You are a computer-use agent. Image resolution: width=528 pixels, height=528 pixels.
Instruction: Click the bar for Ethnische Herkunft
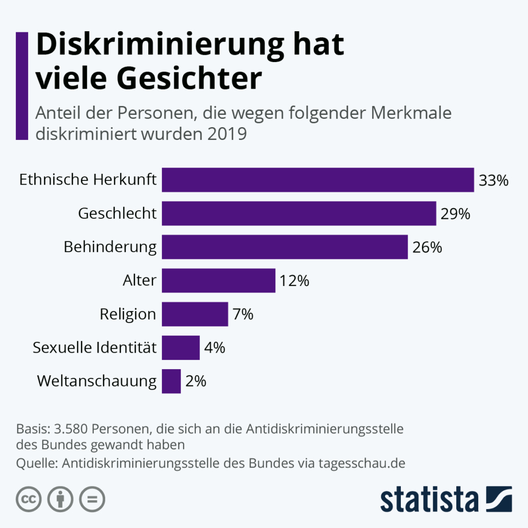point(318,180)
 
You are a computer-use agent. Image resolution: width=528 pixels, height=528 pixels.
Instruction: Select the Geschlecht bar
point(299,213)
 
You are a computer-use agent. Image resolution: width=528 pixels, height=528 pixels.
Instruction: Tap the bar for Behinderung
point(285,247)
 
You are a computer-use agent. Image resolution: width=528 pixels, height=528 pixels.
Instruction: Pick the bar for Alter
point(218,280)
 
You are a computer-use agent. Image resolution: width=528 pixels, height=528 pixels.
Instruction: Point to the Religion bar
point(195,314)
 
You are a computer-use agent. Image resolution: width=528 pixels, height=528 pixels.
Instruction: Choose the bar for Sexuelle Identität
point(180,348)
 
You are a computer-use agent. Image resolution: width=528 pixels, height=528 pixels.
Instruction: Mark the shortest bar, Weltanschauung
point(171,381)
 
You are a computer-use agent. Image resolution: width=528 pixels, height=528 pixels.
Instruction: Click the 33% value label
point(493,180)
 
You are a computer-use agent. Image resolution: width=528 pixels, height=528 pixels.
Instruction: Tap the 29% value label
point(455,214)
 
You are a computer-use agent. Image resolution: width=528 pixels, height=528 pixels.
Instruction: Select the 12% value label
point(294,281)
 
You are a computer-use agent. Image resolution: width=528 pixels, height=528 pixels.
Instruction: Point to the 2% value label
point(195,381)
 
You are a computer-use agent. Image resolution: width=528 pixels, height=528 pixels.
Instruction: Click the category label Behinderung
point(110,247)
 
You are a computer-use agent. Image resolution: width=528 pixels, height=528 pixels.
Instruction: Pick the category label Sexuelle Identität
point(94,348)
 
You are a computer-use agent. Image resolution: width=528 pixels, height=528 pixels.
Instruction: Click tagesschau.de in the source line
point(362,463)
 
